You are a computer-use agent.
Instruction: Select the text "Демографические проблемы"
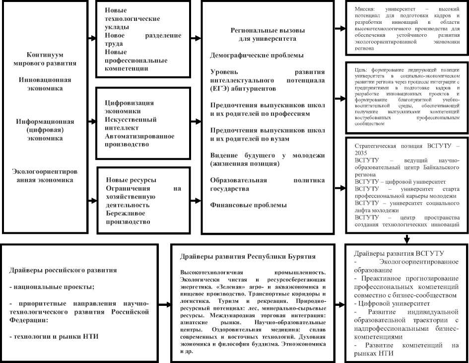pos(257,55)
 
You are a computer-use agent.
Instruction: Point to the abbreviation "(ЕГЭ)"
pos(222,88)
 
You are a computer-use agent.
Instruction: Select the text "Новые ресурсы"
pos(131,179)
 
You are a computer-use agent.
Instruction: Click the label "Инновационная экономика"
pos(45,84)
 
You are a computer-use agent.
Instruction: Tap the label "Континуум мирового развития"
pos(45,59)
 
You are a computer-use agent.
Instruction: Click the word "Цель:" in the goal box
pos(361,70)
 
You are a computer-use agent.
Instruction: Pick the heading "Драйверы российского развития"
pos(63,270)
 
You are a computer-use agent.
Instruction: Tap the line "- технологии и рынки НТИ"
pos(54,337)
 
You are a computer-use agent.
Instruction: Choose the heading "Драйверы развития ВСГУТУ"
pos(397,252)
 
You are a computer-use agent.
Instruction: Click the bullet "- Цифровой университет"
pos(391,302)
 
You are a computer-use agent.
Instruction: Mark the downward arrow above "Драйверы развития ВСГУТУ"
pos(407,238)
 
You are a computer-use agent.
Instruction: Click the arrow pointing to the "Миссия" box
pos(340,28)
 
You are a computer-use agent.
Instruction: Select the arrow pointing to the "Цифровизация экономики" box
pos(92,120)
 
